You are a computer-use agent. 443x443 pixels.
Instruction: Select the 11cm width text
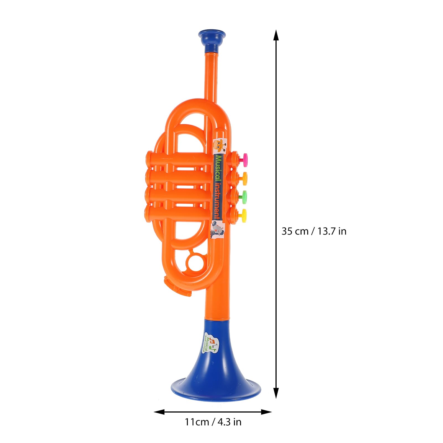197,422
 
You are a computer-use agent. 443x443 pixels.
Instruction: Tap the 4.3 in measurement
230,422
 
